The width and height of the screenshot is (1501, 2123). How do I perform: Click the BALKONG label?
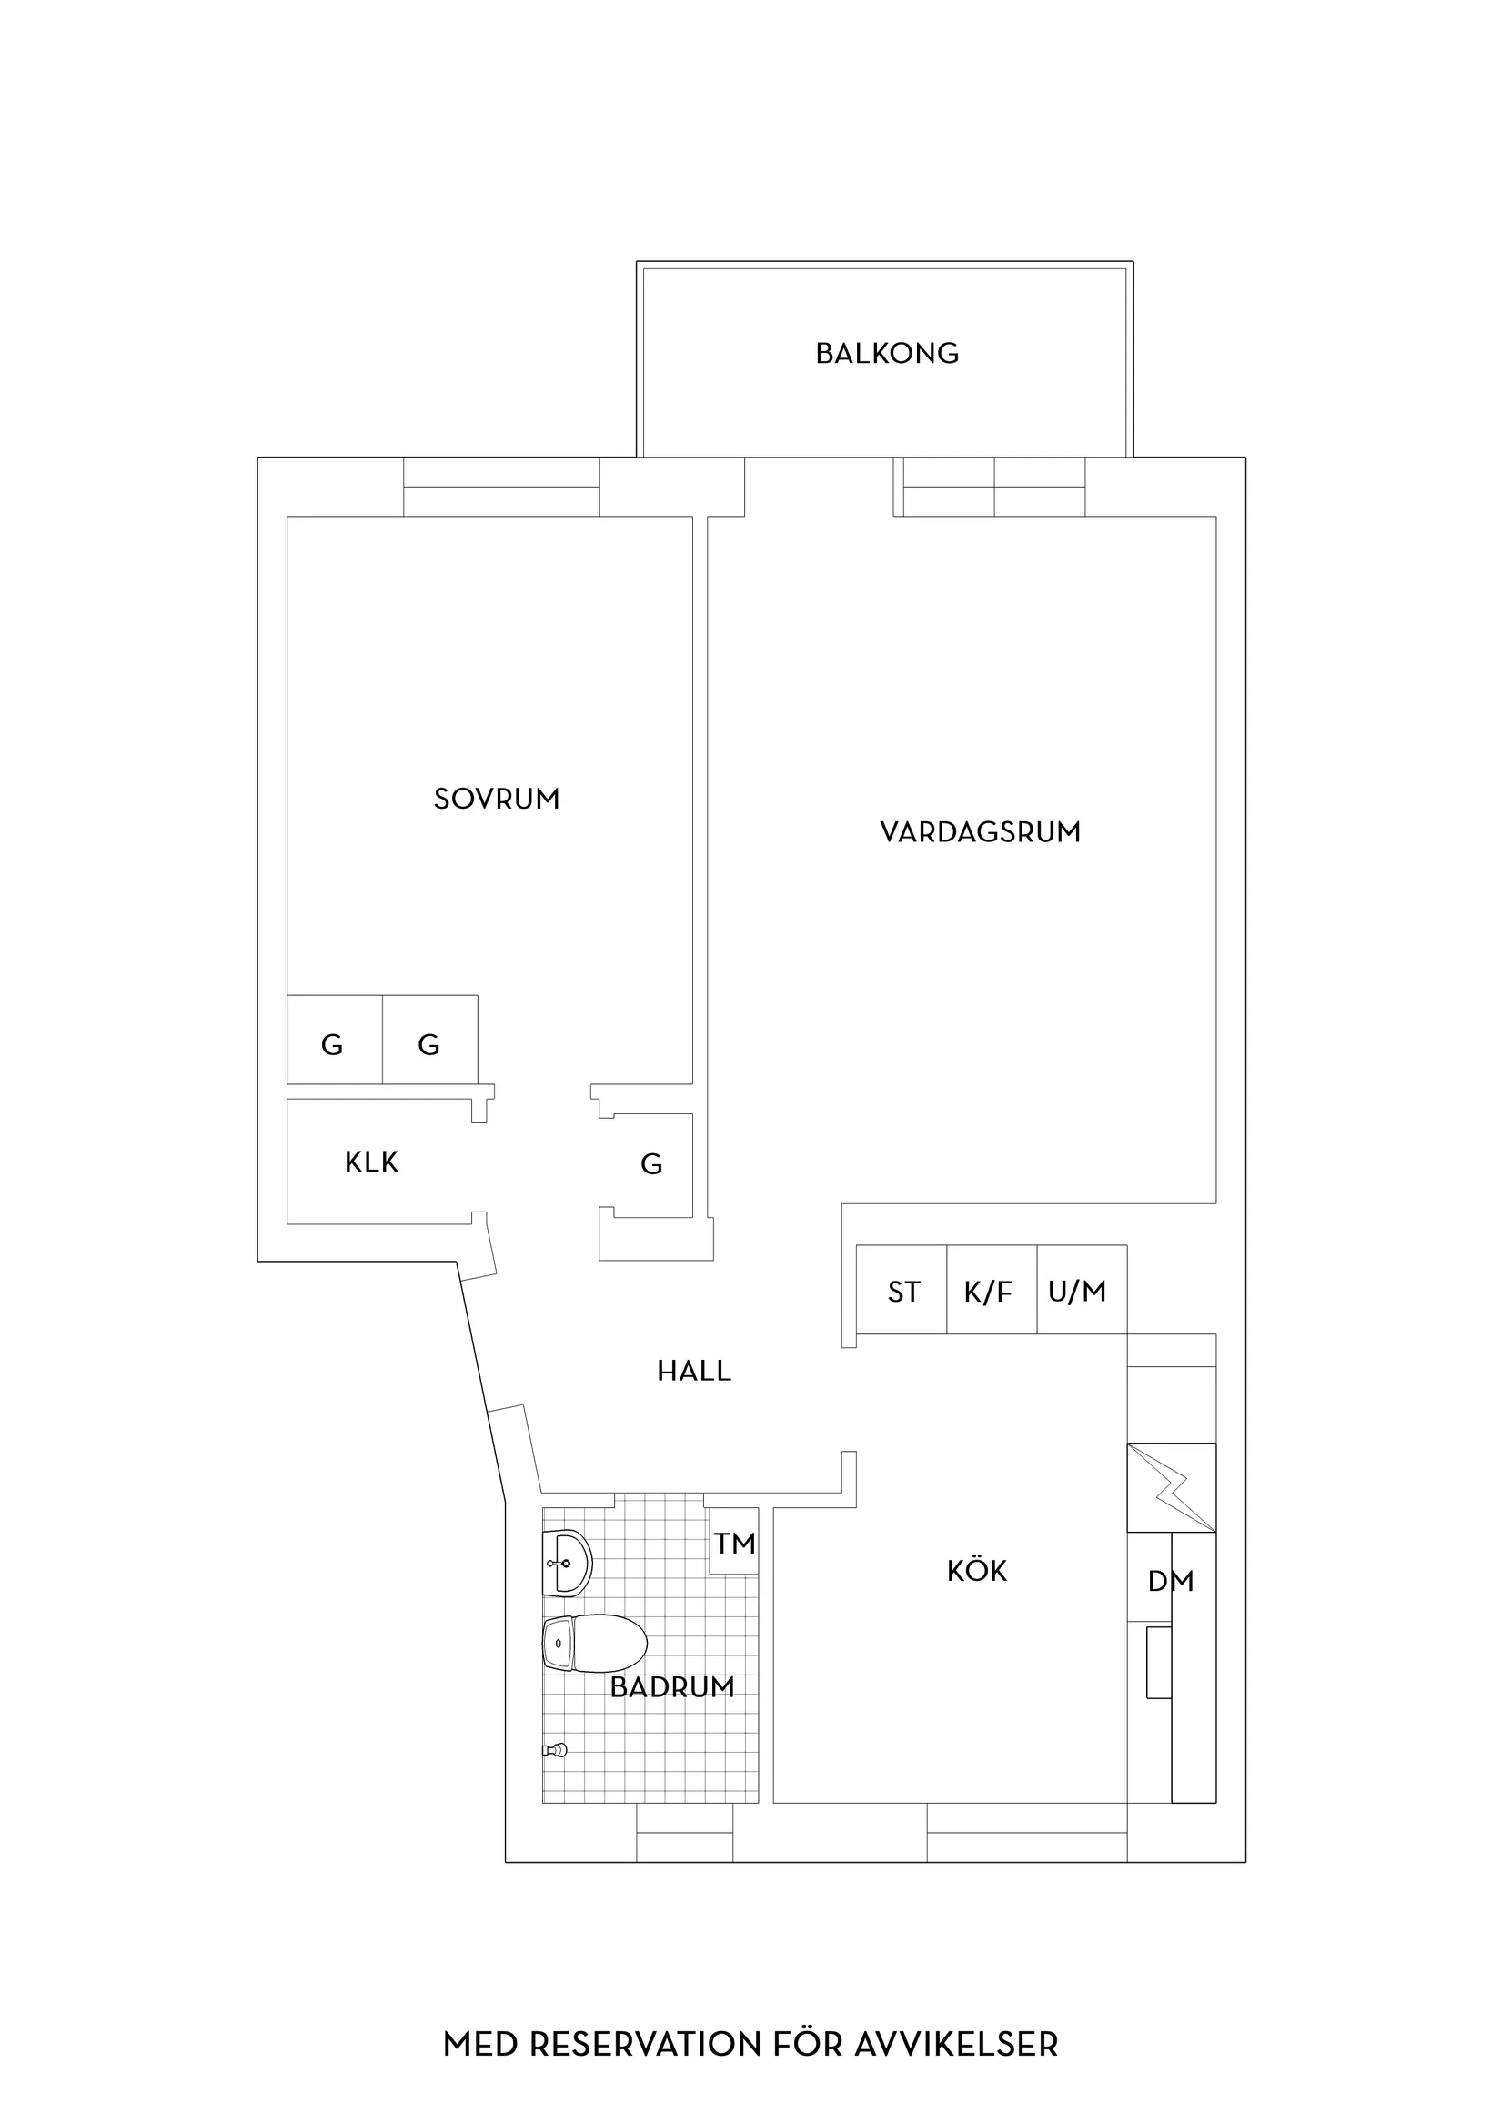(x=887, y=353)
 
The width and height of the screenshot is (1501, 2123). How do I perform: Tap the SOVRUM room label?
(x=497, y=799)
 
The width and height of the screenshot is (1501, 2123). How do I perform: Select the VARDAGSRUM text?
(x=981, y=832)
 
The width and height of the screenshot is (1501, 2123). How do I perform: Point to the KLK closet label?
(x=371, y=1162)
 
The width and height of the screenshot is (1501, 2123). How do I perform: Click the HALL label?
(x=693, y=1372)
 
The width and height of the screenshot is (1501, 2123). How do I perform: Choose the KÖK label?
(x=977, y=1569)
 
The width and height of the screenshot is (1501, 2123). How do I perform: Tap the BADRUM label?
(x=672, y=1687)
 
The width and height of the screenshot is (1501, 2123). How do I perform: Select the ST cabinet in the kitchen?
(x=902, y=1290)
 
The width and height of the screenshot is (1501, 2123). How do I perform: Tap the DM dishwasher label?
(x=1171, y=1582)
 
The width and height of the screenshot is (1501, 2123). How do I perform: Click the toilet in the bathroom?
(x=594, y=1644)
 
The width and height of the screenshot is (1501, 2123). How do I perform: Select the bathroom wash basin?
(x=567, y=1564)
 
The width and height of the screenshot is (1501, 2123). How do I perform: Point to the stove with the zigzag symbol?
(x=1172, y=1487)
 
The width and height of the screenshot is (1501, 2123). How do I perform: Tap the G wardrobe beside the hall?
(x=651, y=1164)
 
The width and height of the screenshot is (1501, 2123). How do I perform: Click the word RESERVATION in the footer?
(x=647, y=2018)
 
